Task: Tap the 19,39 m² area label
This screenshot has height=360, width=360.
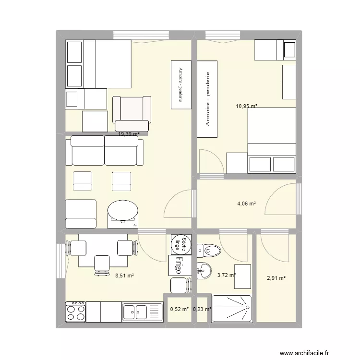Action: (x=129, y=134)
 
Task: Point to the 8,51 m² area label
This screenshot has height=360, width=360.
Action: (x=124, y=276)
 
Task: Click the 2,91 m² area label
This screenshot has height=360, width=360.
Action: (x=276, y=277)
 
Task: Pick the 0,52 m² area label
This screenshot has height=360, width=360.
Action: (x=179, y=310)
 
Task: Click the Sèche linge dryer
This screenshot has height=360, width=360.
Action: (x=180, y=244)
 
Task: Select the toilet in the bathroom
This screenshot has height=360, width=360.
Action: (x=209, y=249)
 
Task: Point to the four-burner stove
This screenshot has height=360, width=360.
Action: (x=75, y=311)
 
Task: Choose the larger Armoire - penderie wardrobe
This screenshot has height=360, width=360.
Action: (x=208, y=99)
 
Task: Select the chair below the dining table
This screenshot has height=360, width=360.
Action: (x=102, y=264)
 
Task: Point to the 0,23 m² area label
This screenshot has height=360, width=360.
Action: (x=202, y=310)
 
